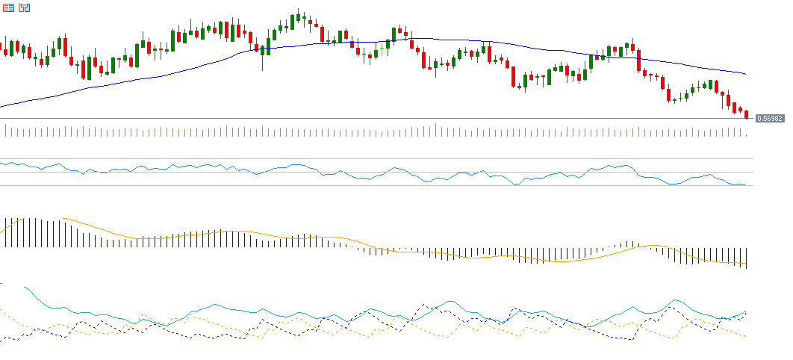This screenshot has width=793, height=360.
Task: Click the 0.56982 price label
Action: point(770,118)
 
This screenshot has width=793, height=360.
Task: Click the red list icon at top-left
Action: point(9,7)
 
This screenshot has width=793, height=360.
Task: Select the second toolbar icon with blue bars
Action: point(25,7)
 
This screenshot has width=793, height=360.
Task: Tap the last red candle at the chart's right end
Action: point(746,114)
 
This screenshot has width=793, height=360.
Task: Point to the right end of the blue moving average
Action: point(745,74)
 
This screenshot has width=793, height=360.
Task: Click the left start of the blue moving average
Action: point(1,107)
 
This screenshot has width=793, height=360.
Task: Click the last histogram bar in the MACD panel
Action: point(746,258)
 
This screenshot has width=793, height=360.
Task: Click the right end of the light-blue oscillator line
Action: point(744,185)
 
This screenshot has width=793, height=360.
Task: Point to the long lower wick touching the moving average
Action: point(262,64)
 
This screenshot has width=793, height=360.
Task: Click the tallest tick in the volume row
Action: point(436,129)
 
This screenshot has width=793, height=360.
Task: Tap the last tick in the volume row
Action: point(746,134)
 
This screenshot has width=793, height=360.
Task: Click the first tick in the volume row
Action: point(6,131)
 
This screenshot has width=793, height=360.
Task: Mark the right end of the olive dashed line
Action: point(745,336)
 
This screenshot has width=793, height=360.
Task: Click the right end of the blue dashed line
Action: point(745,314)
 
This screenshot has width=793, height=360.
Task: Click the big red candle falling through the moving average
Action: point(638,60)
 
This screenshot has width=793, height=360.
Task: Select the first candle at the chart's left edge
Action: point(1,47)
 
